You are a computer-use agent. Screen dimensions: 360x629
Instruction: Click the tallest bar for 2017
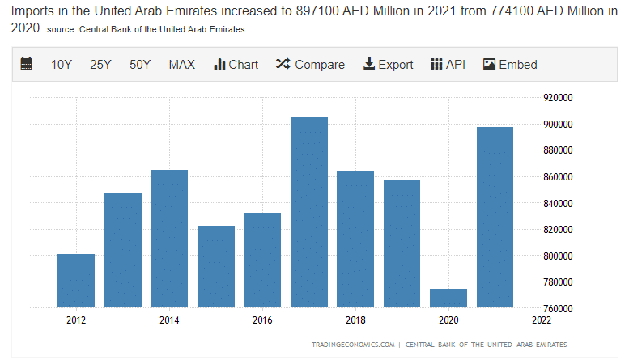tap(309, 212)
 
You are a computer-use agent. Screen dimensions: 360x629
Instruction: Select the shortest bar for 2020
tap(448, 298)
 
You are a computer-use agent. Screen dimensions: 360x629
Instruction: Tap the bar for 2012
tap(76, 281)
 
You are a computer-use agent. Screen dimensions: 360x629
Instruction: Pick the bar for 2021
tap(495, 217)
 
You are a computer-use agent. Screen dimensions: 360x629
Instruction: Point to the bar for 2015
tap(216, 266)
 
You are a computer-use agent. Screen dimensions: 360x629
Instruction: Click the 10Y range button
tap(62, 65)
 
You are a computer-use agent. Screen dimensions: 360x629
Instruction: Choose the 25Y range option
tap(100, 65)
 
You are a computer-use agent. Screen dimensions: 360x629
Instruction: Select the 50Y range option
tap(140, 65)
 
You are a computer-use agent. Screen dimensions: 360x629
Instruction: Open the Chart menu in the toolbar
tap(236, 65)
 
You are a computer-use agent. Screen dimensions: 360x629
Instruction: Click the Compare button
tap(310, 65)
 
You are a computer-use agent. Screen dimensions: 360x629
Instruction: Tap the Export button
tap(388, 65)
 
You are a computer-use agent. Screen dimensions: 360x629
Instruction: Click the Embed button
tap(510, 65)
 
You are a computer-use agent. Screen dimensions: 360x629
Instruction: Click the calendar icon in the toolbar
tap(27, 65)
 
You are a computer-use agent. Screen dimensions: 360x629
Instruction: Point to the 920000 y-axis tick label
tap(559, 98)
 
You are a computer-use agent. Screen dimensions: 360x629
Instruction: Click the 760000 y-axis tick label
tap(559, 308)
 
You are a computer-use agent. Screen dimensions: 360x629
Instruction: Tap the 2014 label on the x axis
tap(169, 320)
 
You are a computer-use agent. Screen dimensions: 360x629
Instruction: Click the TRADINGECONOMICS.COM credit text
tap(353, 345)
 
